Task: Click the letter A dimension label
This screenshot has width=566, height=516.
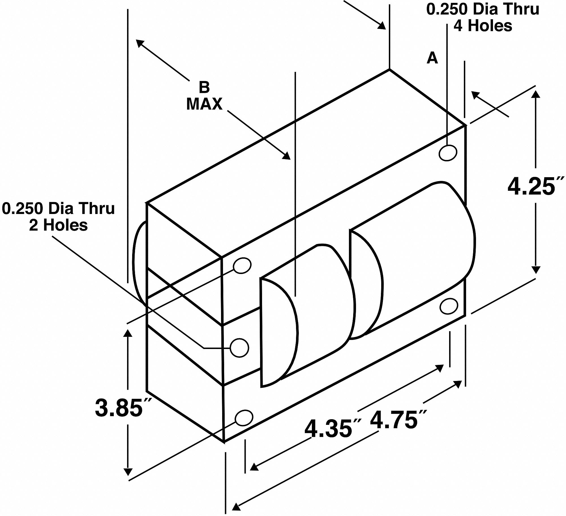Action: tap(432, 58)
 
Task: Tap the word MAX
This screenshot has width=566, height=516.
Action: tap(204, 104)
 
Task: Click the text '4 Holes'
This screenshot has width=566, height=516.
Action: tap(483, 26)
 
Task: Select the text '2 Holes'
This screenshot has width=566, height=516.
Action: tap(58, 226)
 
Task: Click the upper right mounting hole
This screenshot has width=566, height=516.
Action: tap(448, 153)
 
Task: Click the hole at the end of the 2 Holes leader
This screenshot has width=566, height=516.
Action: tap(239, 348)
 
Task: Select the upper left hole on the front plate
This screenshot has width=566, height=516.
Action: tap(242, 266)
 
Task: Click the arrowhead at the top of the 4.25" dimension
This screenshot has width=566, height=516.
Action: tap(535, 93)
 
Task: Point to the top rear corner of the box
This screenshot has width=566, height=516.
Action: tap(389, 69)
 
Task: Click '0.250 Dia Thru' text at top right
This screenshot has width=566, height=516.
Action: tap(483, 10)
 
